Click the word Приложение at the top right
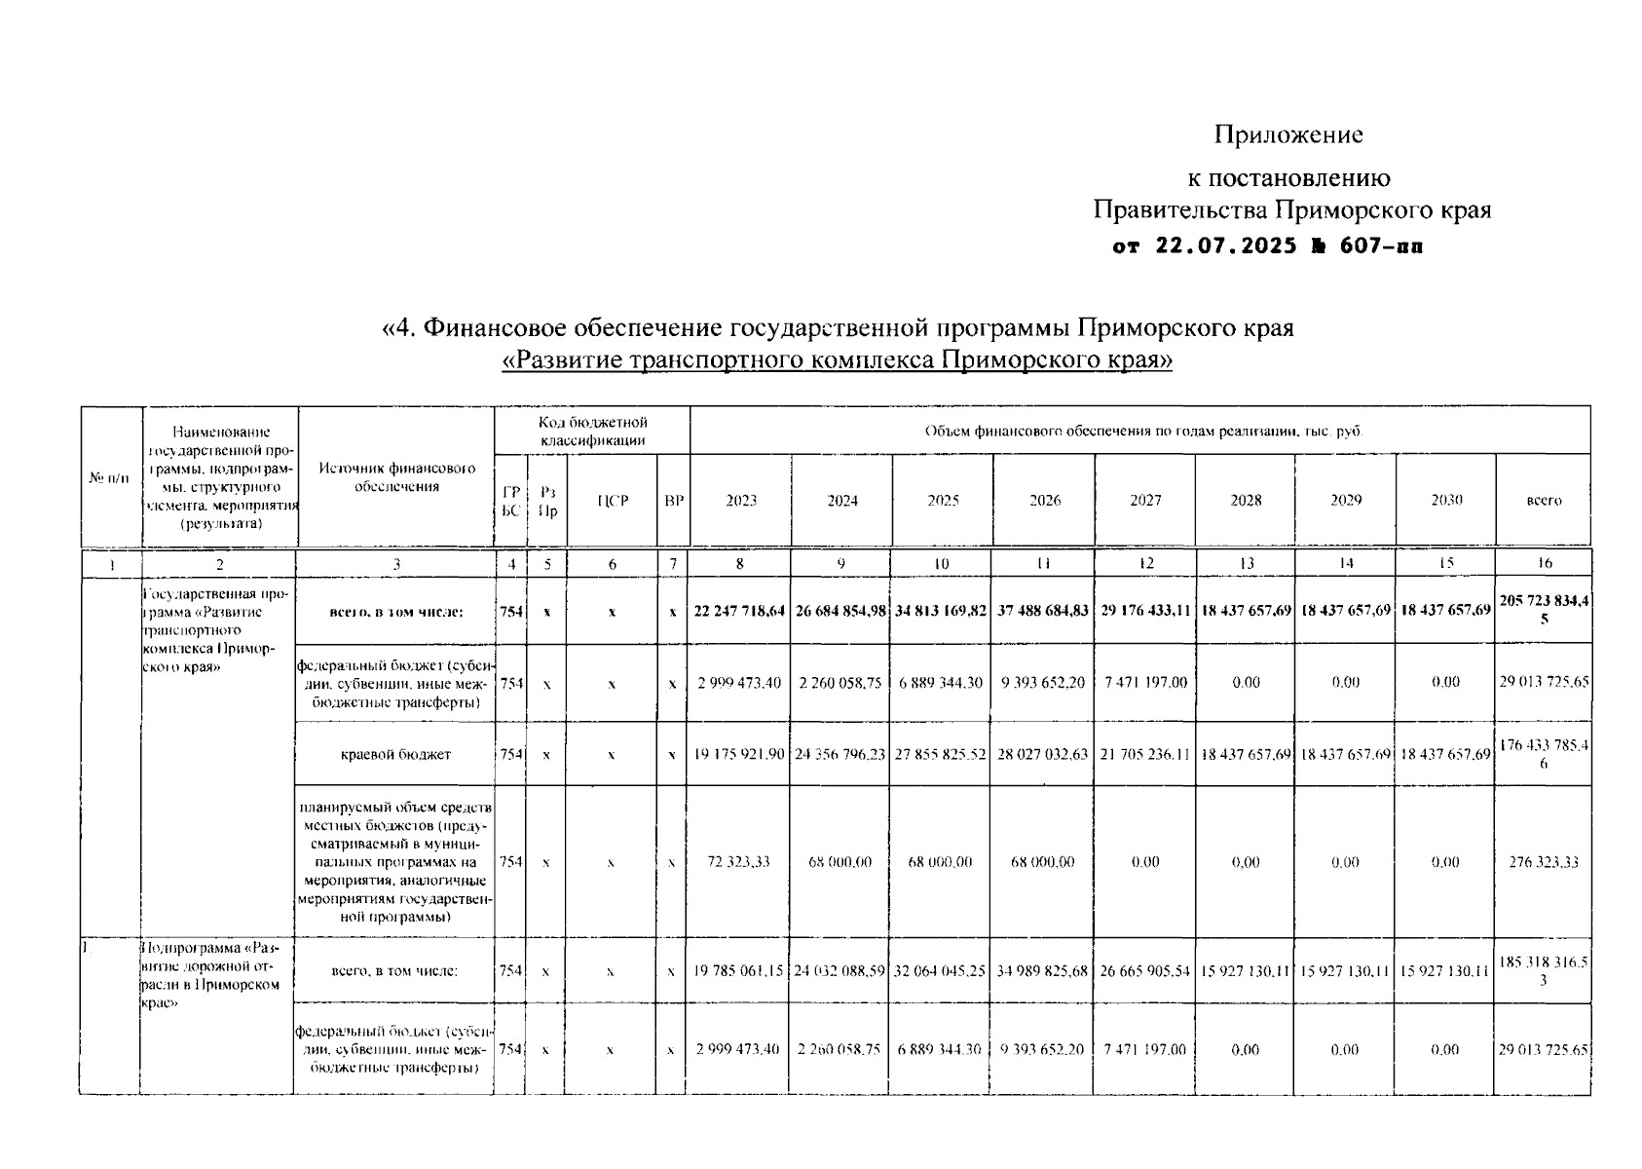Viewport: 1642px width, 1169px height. (x=1287, y=134)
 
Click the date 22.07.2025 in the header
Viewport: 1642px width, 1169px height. (x=1225, y=246)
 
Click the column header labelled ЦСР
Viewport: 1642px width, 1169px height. (x=613, y=501)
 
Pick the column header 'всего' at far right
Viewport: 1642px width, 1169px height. (x=1544, y=501)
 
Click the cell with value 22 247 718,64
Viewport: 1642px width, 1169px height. (x=739, y=611)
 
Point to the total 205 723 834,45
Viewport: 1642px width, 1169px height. (x=1544, y=610)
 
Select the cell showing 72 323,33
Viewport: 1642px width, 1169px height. (x=739, y=862)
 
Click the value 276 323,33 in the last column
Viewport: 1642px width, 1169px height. (x=1544, y=862)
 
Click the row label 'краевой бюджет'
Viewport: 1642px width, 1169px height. (x=395, y=754)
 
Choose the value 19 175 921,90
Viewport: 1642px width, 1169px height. (x=739, y=754)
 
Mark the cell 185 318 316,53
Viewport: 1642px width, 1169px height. (x=1544, y=970)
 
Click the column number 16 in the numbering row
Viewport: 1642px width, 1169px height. (x=1544, y=563)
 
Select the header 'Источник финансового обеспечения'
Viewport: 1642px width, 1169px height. (x=396, y=477)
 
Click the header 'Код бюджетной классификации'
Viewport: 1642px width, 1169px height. (x=592, y=431)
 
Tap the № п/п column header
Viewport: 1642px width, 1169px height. (x=110, y=478)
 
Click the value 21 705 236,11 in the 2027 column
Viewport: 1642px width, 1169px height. (x=1145, y=754)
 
